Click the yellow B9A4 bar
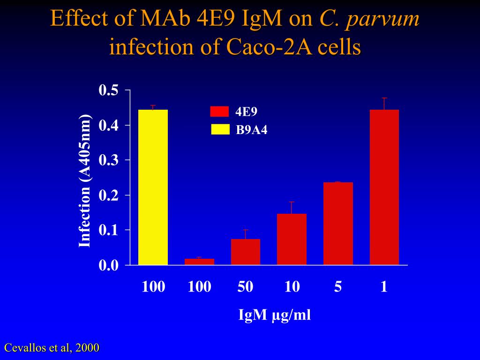click(153, 187)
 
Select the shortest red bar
click(199, 262)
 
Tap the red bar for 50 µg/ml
click(245, 252)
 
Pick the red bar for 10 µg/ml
click(292, 240)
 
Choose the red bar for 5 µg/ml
click(338, 224)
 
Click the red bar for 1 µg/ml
click(384, 187)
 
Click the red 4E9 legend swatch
click(219, 111)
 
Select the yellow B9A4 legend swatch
click(219, 129)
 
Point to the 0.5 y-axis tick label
click(108, 90)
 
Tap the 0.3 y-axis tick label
click(108, 160)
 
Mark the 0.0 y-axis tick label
click(108, 265)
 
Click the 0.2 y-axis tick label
click(108, 195)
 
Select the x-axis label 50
click(245, 286)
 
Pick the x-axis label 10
click(292, 286)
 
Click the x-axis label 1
click(384, 286)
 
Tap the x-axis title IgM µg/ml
click(275, 315)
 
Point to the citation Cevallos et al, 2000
click(52, 348)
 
